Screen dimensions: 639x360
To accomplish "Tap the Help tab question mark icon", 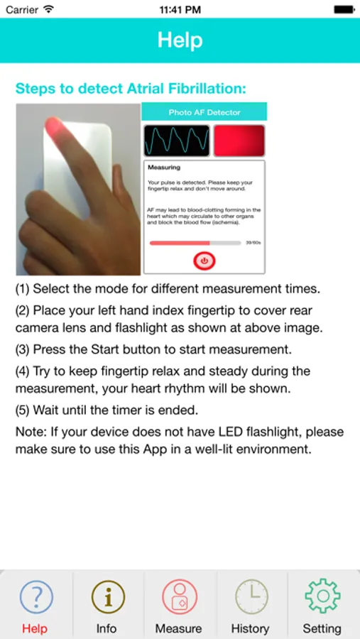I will [36, 596].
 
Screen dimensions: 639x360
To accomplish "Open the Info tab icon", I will [107, 596].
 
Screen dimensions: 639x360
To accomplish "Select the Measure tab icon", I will [179, 596].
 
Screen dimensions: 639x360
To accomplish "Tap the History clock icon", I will [251, 596].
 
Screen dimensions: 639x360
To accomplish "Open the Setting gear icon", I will [322, 596].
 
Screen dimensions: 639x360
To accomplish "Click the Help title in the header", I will [180, 40].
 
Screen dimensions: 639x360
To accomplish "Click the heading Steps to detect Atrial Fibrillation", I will [131, 89].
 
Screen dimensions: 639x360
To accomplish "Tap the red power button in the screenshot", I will [204, 261].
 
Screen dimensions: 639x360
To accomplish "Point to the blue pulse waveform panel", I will [177, 141].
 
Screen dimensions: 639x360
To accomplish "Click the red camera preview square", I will [239, 141].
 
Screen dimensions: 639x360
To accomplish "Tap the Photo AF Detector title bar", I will [204, 112].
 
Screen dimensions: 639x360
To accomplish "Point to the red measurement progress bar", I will [180, 243].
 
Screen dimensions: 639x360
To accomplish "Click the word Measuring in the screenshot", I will [164, 168].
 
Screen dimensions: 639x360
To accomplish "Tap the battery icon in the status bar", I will [344, 10].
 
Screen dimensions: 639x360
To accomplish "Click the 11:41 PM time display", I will [180, 10].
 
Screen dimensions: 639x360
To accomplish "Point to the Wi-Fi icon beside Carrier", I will [48, 10].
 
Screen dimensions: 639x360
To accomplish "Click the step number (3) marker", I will [23, 349].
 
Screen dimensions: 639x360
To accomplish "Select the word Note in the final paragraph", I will [29, 432].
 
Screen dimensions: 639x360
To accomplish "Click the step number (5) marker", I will [23, 410].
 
